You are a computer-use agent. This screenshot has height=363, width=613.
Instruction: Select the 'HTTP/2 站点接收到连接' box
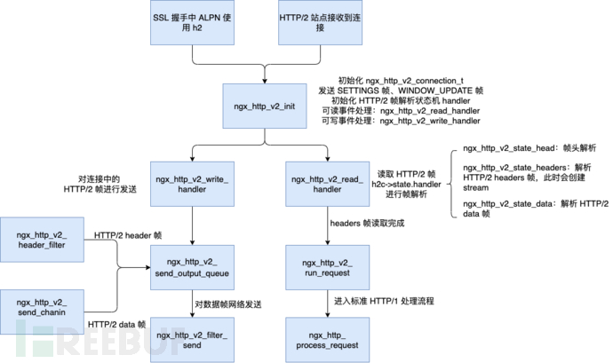(x=315, y=22)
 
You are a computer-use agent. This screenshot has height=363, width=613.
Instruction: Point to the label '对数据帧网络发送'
(x=229, y=304)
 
